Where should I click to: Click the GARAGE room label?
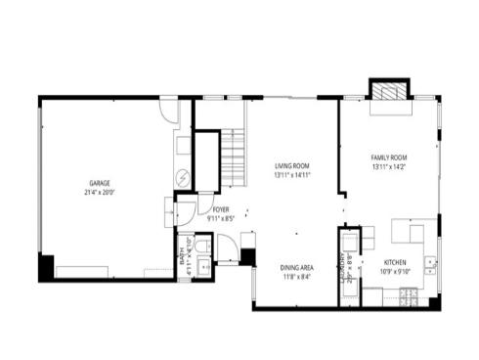click(101, 183)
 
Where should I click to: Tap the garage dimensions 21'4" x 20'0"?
click(101, 193)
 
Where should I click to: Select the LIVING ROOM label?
click(291, 167)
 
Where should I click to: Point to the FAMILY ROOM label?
click(388, 157)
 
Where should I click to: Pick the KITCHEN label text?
click(395, 262)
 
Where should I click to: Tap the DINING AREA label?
click(296, 267)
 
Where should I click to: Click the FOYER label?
click(220, 208)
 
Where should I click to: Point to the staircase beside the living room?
click(231, 158)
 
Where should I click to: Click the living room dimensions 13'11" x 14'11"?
click(291, 176)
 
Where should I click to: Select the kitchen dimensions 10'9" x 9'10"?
click(395, 272)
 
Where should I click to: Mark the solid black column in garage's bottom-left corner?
click(47, 266)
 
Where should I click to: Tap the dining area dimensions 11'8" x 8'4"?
click(296, 277)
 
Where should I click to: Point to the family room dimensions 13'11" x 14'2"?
click(388, 167)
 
